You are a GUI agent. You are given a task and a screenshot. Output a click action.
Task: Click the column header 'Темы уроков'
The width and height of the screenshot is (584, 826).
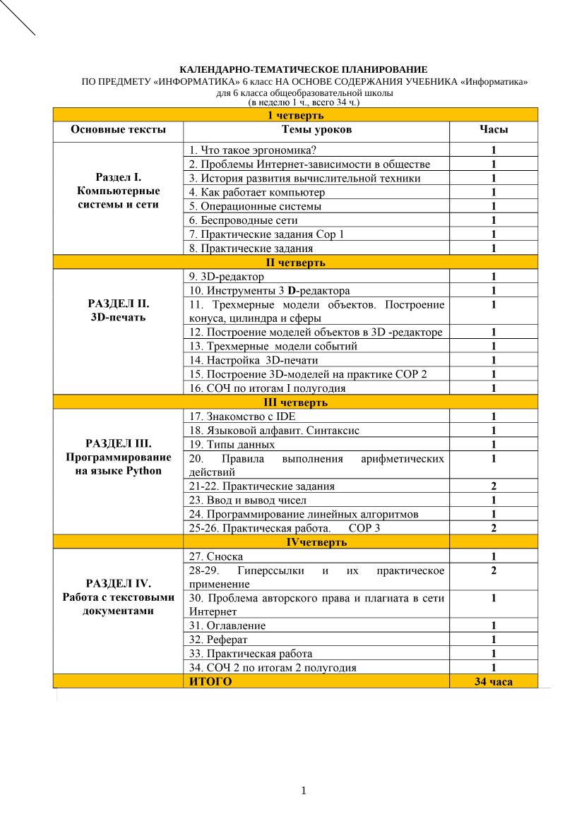[316, 130]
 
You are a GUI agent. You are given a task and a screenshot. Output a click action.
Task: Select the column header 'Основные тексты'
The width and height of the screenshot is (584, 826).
[118, 130]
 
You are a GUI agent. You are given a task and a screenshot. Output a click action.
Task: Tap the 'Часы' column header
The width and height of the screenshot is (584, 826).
[494, 130]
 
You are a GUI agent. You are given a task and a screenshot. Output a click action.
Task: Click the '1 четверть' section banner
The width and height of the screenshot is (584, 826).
[295, 115]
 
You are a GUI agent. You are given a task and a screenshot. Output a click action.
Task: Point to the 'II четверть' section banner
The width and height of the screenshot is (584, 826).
[295, 263]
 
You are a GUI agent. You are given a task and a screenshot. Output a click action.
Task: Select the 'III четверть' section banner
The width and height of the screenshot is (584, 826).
[295, 402]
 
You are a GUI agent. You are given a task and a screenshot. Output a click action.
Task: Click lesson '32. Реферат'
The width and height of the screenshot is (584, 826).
[218, 640]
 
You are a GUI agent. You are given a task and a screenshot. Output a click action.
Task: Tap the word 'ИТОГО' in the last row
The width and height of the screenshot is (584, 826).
[210, 681]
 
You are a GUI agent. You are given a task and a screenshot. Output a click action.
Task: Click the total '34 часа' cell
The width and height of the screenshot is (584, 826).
[494, 681]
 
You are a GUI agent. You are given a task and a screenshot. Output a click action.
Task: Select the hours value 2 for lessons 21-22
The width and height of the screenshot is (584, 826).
[494, 486]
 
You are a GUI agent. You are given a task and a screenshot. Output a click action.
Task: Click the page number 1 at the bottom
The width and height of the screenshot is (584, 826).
[304, 790]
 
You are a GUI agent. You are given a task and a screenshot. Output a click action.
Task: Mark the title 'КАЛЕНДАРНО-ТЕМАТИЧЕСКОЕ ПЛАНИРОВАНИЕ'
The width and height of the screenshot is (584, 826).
[304, 70]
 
